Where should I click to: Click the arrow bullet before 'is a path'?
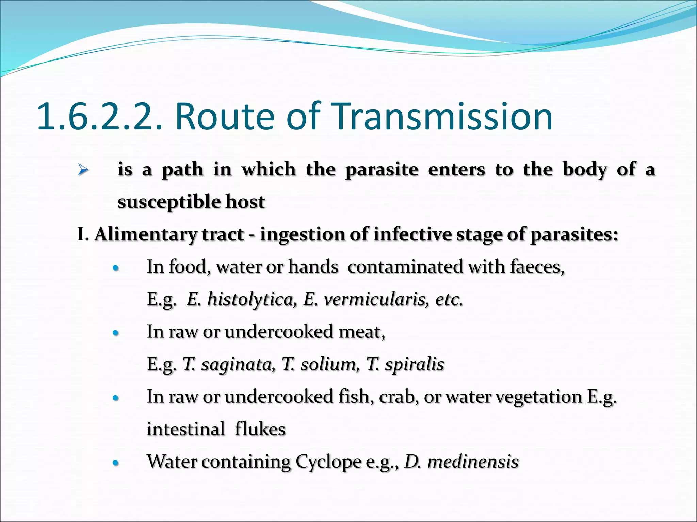83,169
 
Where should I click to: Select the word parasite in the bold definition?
382,170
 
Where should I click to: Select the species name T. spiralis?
405,364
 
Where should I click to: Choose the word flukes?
260,429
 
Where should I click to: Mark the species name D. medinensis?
461,462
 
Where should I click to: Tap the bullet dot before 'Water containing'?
116,463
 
